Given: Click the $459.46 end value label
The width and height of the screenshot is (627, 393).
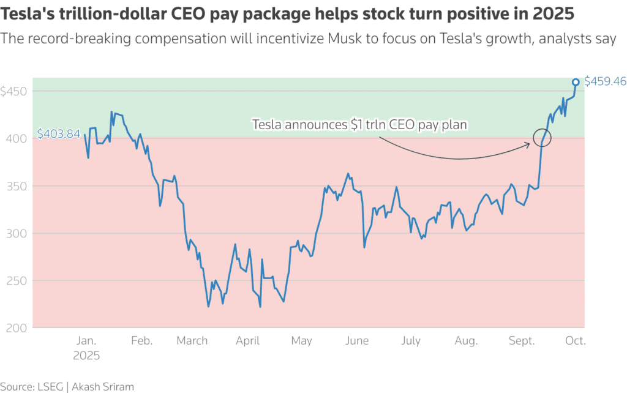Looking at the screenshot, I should pyautogui.click(x=605, y=81).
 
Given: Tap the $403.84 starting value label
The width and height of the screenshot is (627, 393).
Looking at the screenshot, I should pyautogui.click(x=59, y=133).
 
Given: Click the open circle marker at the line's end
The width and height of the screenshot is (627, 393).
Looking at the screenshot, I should pyautogui.click(x=576, y=81).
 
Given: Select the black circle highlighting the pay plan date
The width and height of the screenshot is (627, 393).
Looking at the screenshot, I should pyautogui.click(x=543, y=138).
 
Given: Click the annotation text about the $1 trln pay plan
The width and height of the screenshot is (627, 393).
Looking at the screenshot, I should pyautogui.click(x=360, y=125).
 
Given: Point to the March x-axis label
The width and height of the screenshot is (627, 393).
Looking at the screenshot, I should pyautogui.click(x=192, y=341).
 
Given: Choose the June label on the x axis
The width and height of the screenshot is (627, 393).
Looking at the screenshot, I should pyautogui.click(x=357, y=341).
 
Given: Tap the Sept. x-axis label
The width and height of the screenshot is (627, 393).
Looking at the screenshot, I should pyautogui.click(x=522, y=341).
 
